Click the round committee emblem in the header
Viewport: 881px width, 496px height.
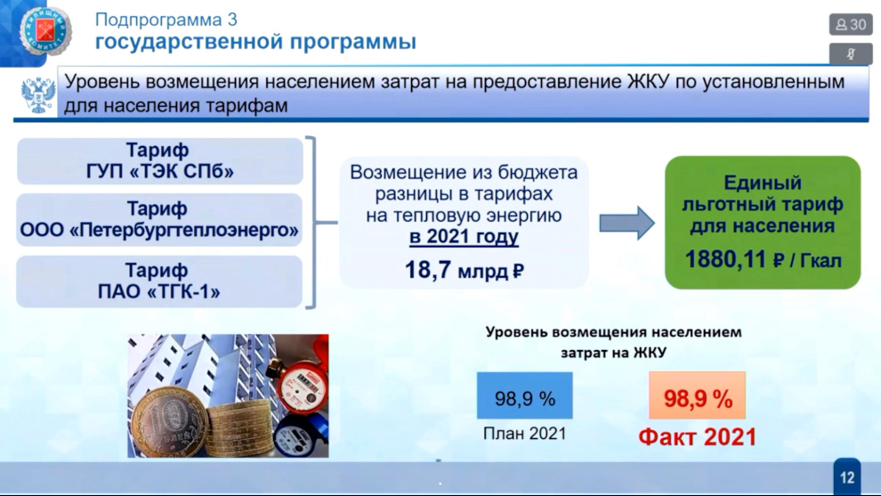click(45, 30)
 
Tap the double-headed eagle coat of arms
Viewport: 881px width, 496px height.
click(37, 94)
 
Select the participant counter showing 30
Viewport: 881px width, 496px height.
click(851, 25)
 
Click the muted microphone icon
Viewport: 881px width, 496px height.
click(851, 54)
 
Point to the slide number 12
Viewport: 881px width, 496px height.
click(847, 477)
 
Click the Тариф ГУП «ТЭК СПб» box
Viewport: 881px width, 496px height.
click(160, 161)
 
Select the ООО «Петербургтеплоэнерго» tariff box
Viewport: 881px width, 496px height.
click(159, 219)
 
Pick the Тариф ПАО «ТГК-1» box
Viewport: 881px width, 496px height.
click(159, 281)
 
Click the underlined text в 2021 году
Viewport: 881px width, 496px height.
click(464, 237)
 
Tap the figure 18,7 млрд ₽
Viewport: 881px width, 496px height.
click(465, 271)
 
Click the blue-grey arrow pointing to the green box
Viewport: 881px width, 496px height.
click(626, 223)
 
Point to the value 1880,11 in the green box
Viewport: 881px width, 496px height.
click(725, 259)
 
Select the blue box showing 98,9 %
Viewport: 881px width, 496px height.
click(525, 395)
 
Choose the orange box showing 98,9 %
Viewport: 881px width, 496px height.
click(698, 395)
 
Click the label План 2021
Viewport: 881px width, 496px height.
click(525, 434)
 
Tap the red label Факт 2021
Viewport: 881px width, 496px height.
click(698, 437)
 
